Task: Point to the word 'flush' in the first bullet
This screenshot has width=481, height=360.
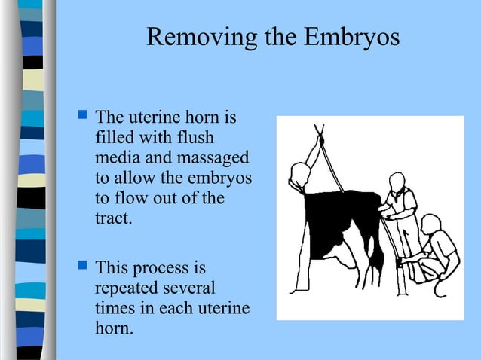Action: tap(194, 138)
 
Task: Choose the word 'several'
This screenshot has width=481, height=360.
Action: tap(188, 288)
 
